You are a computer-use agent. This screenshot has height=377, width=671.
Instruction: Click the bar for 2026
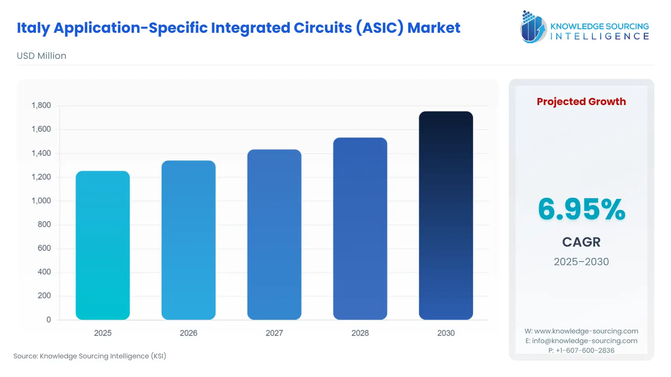(188, 240)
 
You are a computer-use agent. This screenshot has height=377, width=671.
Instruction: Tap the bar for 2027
(274, 234)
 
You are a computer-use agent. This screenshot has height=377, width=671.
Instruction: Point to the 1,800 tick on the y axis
(41, 105)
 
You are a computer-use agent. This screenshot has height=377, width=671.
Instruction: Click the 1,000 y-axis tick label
(41, 201)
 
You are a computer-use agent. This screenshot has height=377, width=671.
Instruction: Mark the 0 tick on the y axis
(48, 320)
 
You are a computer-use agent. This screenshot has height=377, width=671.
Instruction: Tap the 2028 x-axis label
(360, 333)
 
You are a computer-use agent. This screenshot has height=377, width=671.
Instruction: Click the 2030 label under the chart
(446, 333)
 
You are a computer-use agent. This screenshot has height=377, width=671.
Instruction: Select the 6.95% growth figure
(581, 209)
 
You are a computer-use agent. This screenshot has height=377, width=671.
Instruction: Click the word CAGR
(581, 242)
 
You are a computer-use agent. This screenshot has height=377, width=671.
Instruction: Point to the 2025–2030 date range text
(581, 262)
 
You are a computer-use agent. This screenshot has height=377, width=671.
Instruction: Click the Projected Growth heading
(581, 101)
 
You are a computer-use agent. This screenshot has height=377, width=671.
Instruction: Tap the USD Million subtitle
(41, 56)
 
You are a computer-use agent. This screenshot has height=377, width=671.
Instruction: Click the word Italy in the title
(33, 28)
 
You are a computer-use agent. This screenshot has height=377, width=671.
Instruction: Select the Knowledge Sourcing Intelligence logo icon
(533, 27)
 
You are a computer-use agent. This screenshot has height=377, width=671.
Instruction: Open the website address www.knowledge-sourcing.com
(586, 331)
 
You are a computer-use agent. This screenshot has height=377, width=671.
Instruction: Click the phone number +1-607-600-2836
(585, 350)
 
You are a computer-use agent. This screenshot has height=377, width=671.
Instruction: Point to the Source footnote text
(90, 356)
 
